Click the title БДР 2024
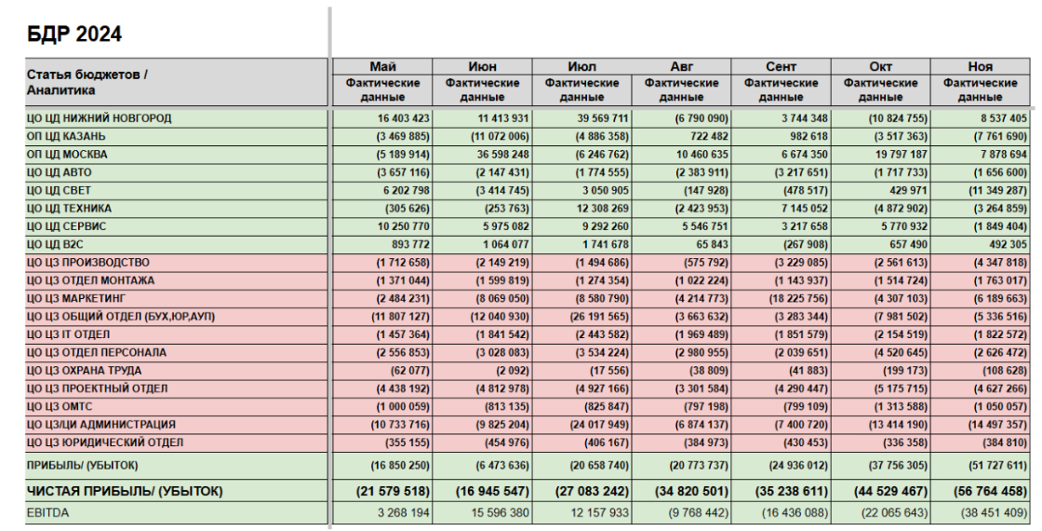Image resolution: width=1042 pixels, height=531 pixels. (74, 34)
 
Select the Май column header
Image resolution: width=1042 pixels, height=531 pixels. (382, 66)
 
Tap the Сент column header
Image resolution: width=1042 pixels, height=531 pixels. (781, 66)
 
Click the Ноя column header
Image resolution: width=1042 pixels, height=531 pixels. (981, 66)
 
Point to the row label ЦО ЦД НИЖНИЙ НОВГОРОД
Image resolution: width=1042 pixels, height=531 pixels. (99, 118)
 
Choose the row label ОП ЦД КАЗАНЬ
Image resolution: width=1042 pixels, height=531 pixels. (66, 136)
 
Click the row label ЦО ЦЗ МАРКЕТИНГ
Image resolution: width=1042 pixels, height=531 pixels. (75, 298)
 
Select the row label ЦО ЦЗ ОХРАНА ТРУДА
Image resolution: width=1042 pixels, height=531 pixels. (84, 371)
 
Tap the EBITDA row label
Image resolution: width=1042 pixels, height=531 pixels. (47, 513)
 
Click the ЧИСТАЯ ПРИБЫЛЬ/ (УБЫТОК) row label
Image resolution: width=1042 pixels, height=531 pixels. (125, 492)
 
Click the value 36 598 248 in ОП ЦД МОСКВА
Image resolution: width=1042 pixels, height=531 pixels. (496, 155)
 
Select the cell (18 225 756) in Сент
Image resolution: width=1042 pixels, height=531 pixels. (791, 299)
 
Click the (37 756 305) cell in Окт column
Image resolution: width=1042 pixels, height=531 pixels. (890, 465)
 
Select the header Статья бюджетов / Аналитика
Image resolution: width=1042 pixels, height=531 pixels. (87, 83)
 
